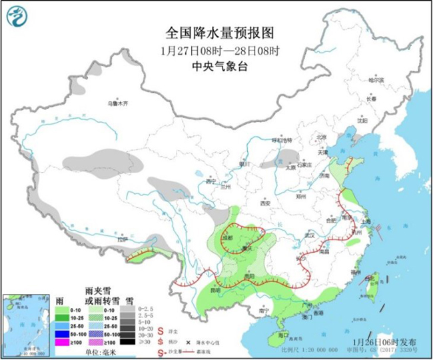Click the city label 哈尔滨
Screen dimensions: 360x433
point(377,79)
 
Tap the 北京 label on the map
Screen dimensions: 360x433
point(322,137)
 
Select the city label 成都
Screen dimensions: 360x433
point(227,237)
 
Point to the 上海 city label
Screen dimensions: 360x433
point(364,225)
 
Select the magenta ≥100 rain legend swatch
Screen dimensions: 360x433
point(62,341)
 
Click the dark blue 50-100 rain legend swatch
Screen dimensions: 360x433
point(62,331)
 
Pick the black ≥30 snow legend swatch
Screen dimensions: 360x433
point(125,341)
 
